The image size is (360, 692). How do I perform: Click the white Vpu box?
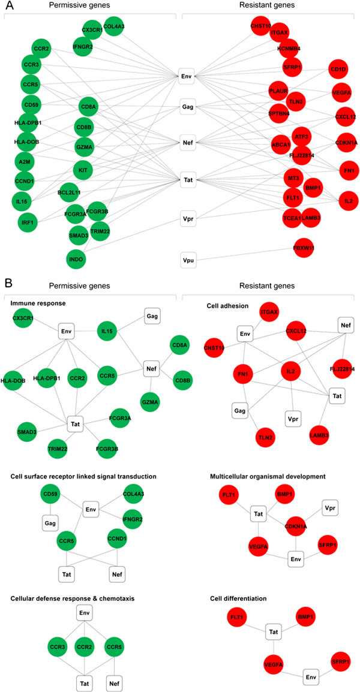(x=186, y=260)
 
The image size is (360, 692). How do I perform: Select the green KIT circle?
(x=83, y=170)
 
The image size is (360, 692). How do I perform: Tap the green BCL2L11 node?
(x=70, y=192)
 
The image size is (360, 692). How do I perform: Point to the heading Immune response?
(x=37, y=304)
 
